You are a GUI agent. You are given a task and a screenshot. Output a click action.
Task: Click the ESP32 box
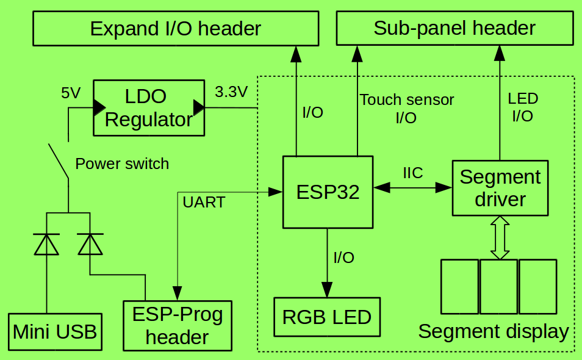tap(328, 192)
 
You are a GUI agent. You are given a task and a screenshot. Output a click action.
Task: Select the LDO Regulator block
tap(148, 108)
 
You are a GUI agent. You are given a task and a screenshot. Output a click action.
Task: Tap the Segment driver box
tap(500, 188)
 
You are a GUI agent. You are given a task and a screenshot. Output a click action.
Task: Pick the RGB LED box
tap(327, 317)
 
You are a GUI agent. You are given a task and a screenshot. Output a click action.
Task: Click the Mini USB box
tap(55, 332)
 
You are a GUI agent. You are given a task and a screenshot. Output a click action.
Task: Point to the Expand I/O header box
tap(176, 29)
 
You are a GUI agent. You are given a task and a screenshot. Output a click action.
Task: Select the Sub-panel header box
tap(454, 29)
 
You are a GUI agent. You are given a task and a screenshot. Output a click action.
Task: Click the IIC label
tap(413, 173)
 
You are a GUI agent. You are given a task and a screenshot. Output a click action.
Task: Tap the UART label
tap(204, 203)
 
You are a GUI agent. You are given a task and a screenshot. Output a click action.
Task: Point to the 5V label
tap(71, 93)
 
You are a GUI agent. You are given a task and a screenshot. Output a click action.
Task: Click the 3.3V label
tap(231, 92)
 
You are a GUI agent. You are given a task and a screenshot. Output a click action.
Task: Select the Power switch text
tap(122, 164)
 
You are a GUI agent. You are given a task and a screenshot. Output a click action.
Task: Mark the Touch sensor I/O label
tap(406, 109)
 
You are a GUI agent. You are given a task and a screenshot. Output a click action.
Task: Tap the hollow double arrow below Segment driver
tap(500, 238)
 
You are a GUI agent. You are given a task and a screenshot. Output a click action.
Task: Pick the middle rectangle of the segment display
tap(499, 286)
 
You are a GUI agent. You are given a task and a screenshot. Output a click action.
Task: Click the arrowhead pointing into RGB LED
tap(328, 290)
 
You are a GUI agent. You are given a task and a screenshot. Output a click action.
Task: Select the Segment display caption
tap(493, 332)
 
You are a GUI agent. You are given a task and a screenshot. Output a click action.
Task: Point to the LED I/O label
tap(523, 107)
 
